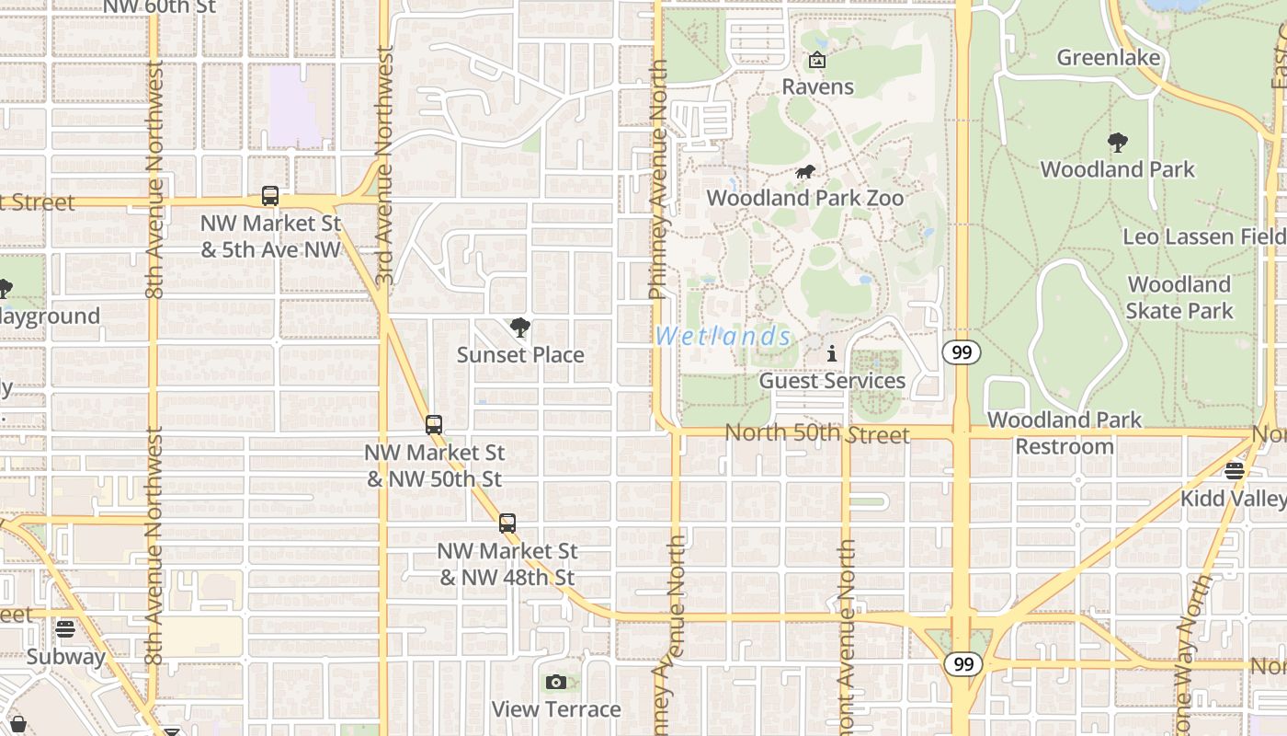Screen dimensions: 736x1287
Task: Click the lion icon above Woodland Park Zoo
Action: point(805,172)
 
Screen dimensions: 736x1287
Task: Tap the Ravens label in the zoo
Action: point(817,86)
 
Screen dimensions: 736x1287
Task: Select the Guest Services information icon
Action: point(832,353)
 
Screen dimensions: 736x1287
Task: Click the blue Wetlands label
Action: point(723,336)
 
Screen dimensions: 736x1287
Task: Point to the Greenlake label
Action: point(1108,58)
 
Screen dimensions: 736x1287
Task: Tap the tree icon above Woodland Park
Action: point(1117,143)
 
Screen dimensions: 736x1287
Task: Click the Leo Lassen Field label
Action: point(1203,236)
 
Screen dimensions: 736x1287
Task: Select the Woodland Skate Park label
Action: point(1179,297)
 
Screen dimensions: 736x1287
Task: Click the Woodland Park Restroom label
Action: point(1065,433)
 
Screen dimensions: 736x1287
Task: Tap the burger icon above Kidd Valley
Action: point(1234,471)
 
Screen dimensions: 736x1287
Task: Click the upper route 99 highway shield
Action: point(962,352)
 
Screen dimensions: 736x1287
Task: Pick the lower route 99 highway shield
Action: point(962,664)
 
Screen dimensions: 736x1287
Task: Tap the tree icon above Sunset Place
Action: point(520,328)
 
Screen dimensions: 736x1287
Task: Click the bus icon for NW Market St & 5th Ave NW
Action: point(269,196)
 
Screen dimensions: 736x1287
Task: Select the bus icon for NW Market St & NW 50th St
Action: point(434,425)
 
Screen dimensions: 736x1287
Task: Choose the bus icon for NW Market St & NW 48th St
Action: point(507,523)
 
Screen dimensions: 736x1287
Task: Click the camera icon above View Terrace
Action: point(555,682)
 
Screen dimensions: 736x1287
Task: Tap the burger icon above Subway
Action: point(64,629)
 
